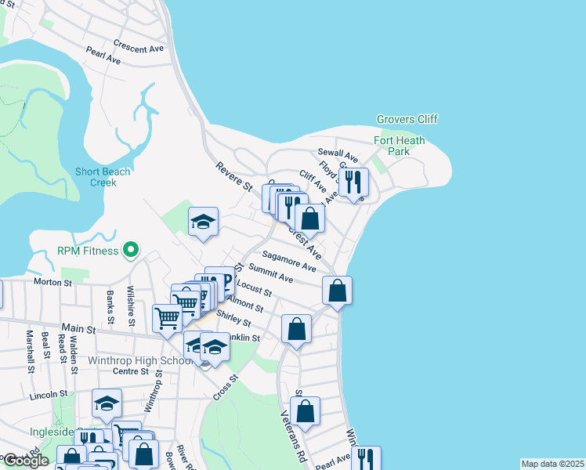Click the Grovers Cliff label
click(x=407, y=119)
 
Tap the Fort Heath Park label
click(x=399, y=146)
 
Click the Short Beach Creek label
click(x=96, y=177)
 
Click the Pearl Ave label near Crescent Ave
click(x=103, y=57)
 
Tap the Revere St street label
click(x=234, y=177)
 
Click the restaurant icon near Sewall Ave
click(x=354, y=183)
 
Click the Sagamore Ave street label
click(x=288, y=261)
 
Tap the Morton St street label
click(x=52, y=281)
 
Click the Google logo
click(x=26, y=461)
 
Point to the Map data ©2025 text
click(x=552, y=464)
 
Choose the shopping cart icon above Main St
click(x=167, y=319)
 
